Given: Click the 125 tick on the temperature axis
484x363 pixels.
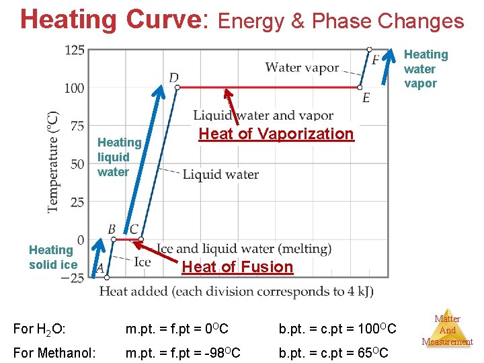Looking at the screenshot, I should [75, 50].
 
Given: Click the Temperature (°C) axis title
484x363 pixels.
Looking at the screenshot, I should [52, 162].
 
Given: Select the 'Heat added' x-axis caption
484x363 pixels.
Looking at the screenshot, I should [236, 292].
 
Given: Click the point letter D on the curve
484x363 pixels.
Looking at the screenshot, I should [173, 78].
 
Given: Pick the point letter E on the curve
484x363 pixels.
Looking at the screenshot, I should [366, 98].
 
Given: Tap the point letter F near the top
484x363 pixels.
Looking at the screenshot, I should [375, 61].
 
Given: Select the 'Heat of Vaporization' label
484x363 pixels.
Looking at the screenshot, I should [276, 134].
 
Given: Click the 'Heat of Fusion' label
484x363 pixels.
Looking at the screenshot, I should [237, 267].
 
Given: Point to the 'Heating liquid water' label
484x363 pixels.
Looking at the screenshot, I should [119, 157].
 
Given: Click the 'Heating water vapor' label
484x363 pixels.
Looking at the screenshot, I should [425, 69].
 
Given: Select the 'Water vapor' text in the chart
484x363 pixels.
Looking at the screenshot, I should [302, 67].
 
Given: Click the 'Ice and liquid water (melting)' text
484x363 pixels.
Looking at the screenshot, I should [244, 249].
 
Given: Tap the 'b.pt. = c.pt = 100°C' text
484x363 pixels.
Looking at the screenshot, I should [337, 329].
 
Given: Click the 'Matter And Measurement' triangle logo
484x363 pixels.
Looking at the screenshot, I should [447, 329].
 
